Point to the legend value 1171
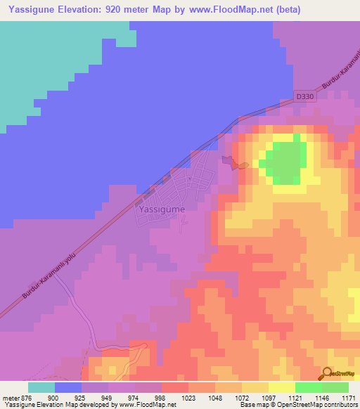(347, 397)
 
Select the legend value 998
(160, 397)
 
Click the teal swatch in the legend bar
(41, 387)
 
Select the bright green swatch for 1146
(309, 387)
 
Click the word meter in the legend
(10, 397)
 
